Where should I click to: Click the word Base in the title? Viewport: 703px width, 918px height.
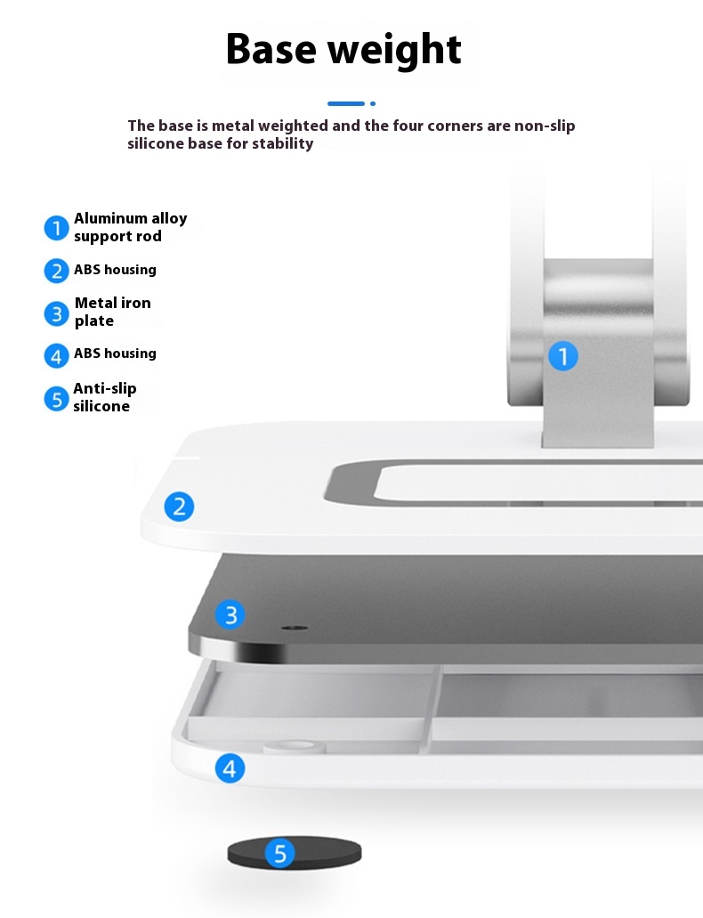271,49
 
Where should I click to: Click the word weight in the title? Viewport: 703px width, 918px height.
394,51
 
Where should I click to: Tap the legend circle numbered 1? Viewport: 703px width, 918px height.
57,228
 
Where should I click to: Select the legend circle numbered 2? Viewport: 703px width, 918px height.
57,271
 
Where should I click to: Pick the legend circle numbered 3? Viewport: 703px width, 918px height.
57,313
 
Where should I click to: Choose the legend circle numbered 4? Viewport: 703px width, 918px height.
57,355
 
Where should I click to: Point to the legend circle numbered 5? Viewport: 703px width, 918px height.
57,399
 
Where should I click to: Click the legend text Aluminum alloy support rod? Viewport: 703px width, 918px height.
131,227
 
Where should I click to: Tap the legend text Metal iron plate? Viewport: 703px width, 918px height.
112,312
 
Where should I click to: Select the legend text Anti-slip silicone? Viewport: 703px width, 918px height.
105,397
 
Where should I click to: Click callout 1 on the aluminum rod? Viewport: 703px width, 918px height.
563,356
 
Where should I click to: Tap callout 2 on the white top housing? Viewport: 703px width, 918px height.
179,507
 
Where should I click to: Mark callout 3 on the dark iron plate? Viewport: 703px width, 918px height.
230,614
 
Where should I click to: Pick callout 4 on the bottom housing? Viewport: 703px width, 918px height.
230,768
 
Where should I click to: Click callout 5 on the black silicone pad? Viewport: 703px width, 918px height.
280,853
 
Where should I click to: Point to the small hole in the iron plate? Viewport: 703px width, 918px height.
295,628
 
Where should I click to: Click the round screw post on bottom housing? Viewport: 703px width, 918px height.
295,746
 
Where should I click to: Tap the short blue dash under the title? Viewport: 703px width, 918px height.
346,103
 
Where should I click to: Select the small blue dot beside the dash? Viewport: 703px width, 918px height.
373,103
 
